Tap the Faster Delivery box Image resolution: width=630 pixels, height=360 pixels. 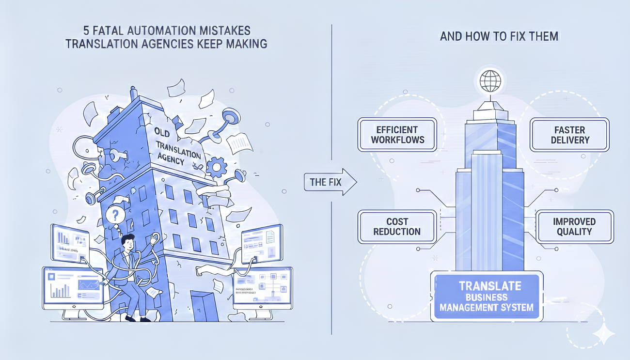click(x=570, y=135)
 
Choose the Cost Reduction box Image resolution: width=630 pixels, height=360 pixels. click(x=396, y=226)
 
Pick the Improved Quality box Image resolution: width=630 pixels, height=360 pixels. click(x=574, y=226)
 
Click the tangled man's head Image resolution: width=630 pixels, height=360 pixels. click(x=128, y=241)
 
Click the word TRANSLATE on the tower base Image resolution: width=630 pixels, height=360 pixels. click(x=487, y=286)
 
